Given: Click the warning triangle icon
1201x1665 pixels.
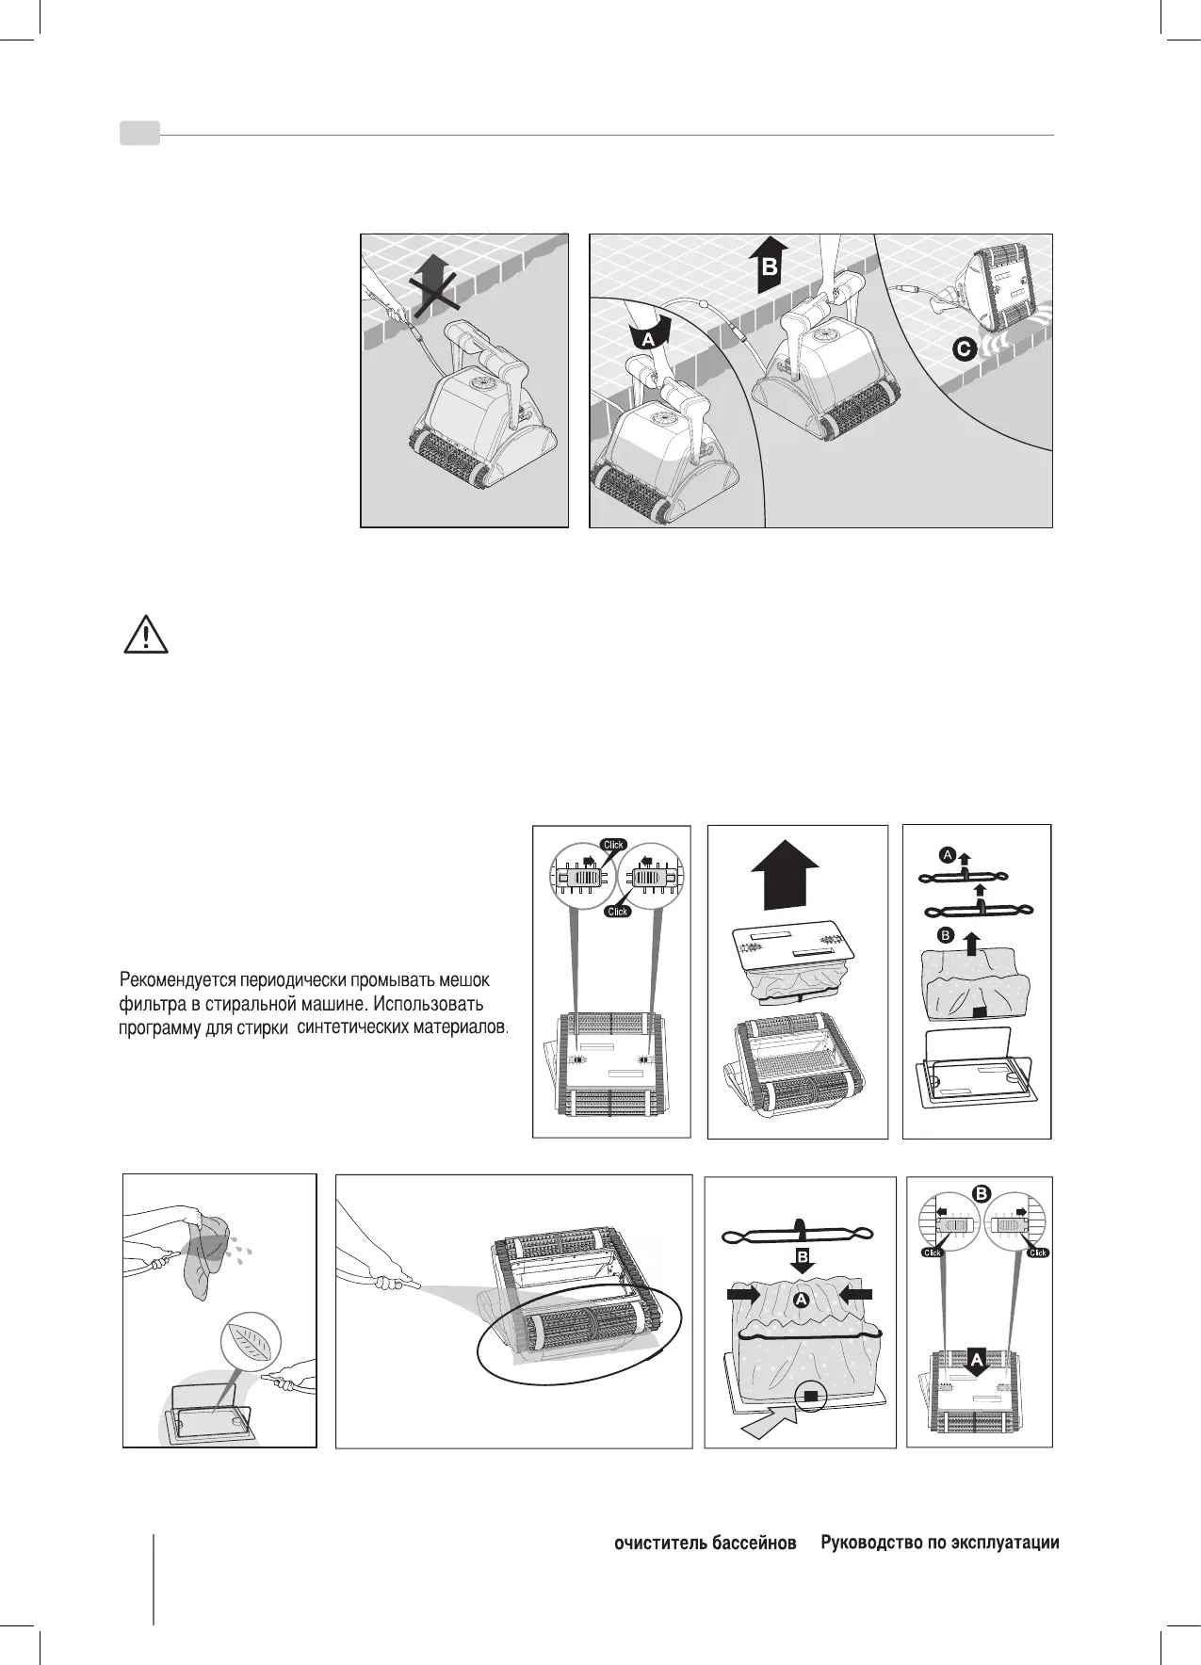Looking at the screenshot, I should point(145,637).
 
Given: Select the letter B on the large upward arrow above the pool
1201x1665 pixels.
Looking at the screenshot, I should point(770,268).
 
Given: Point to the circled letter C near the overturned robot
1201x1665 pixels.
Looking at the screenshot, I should point(963,349).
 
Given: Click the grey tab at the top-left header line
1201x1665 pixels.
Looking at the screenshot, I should point(139,135).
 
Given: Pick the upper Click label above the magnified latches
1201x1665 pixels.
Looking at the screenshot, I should point(613,844).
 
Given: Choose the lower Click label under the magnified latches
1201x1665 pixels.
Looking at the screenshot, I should point(617,911).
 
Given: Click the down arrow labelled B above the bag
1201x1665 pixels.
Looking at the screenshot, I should point(802,1255).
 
